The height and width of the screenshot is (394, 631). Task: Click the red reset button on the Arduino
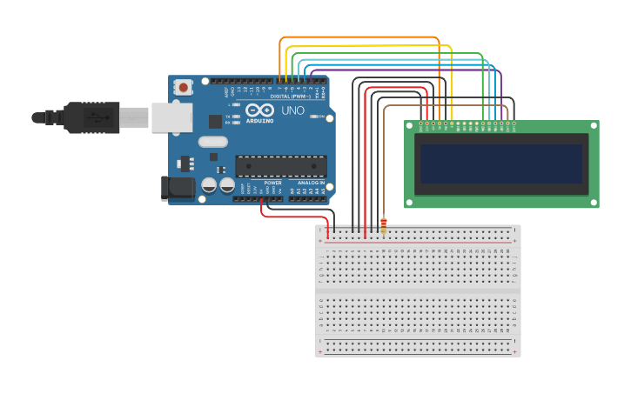coord(183,86)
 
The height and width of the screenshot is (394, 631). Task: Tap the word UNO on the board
coord(292,111)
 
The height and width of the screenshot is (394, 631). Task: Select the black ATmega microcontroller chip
coord(280,166)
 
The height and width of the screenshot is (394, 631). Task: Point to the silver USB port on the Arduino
coord(171,117)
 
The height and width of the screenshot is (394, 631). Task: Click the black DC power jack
coord(178,188)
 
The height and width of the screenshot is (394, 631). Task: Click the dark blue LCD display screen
coord(501,164)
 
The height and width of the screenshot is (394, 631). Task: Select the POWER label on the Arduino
coord(272,183)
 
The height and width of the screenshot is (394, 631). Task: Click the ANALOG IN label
coord(311,183)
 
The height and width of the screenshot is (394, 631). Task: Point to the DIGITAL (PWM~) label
coord(291,96)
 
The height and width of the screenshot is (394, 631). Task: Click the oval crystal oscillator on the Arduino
coord(212,142)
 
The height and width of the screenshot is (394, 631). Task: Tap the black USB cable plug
coord(91,117)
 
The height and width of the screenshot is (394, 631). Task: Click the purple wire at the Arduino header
coord(312,78)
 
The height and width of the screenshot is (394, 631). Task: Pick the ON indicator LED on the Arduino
coord(320,117)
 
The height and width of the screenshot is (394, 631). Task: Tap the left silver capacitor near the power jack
coord(209,184)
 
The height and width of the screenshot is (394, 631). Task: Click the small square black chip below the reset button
coord(214,121)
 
